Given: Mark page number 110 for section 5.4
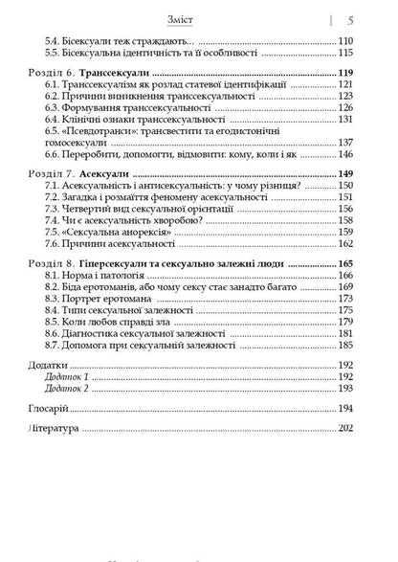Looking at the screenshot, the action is pos(348,40).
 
